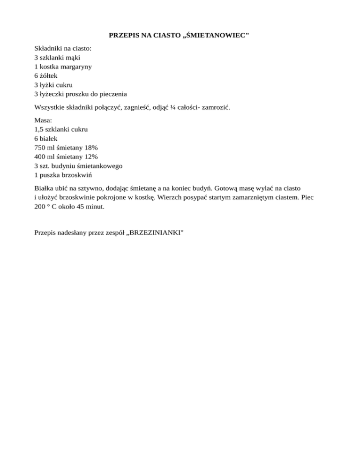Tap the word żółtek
coord(49,75)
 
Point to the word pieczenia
coord(112,94)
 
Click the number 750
coord(40,147)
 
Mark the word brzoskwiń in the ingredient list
coord(80,174)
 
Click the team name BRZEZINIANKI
coord(157,232)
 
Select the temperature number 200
coord(40,206)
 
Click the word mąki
coord(74,58)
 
